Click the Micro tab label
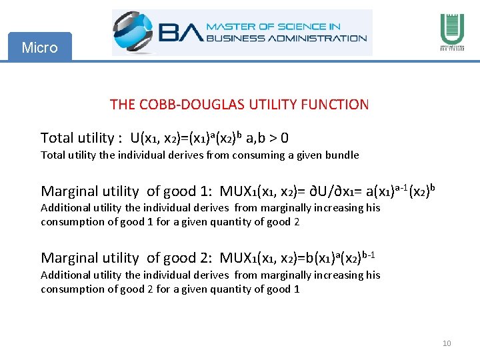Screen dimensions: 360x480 click(39, 47)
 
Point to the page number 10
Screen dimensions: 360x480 click(447, 343)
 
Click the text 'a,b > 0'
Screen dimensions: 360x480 click(267, 138)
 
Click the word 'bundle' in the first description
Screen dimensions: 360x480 click(342, 155)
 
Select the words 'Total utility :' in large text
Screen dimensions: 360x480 click(81, 138)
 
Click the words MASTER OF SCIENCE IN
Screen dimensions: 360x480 click(273, 27)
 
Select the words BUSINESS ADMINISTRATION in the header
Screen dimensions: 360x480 click(287, 38)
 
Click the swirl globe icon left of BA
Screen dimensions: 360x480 click(135, 32)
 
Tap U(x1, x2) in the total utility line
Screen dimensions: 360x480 click(159, 138)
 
